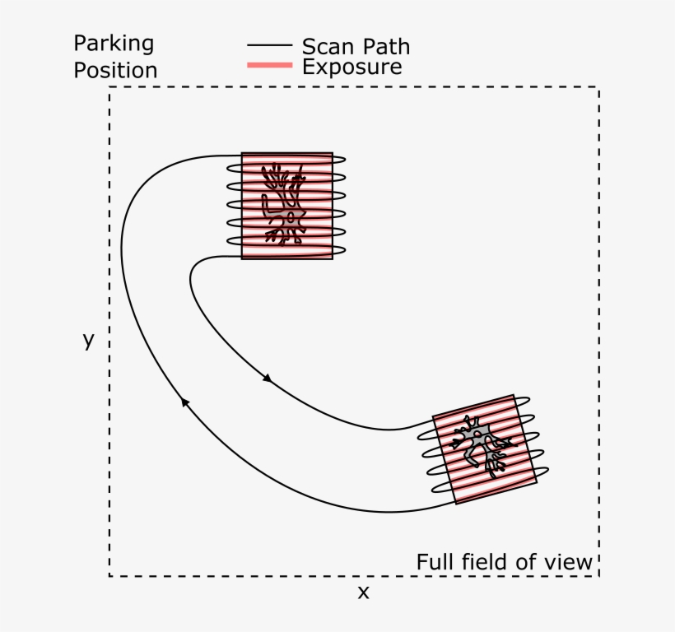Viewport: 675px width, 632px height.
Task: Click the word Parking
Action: point(114,44)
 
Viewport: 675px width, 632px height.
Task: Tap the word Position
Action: point(115,70)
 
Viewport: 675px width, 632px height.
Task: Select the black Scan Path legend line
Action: point(269,46)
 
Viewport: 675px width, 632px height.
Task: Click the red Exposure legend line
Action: point(269,66)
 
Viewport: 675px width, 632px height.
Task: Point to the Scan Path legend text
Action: point(356,46)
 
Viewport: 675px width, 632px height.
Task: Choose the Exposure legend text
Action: point(351,67)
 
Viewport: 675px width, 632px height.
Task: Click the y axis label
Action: point(88,340)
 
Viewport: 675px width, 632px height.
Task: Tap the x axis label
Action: point(363,592)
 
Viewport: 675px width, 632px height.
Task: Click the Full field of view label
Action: point(504,562)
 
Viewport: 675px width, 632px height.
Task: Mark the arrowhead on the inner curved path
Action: point(267,378)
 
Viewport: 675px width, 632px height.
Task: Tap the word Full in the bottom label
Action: point(433,562)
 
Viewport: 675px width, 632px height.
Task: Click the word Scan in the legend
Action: point(326,46)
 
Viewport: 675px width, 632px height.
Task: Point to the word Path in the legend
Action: point(384,46)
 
